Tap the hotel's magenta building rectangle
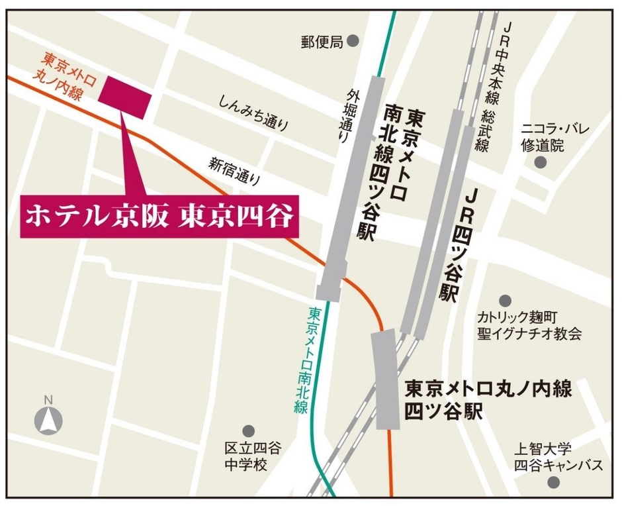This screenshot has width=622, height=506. click(x=125, y=97)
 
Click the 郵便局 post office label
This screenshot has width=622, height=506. click(x=322, y=42)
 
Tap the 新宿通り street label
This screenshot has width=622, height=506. click(x=236, y=170)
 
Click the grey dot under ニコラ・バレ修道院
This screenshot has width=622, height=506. click(x=541, y=162)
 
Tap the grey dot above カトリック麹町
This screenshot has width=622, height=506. click(x=505, y=301)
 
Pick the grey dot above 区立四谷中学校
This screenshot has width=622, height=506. click(x=248, y=431)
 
